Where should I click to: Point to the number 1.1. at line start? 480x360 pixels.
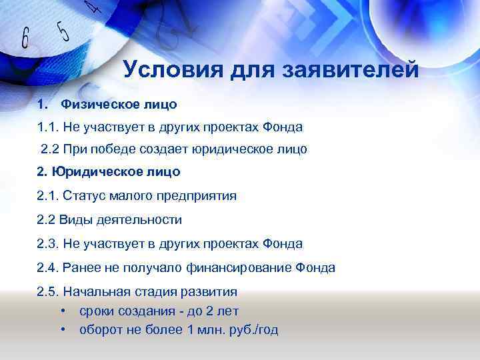49,127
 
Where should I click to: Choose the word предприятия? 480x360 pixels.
199,196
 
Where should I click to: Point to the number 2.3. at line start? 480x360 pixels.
49,244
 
